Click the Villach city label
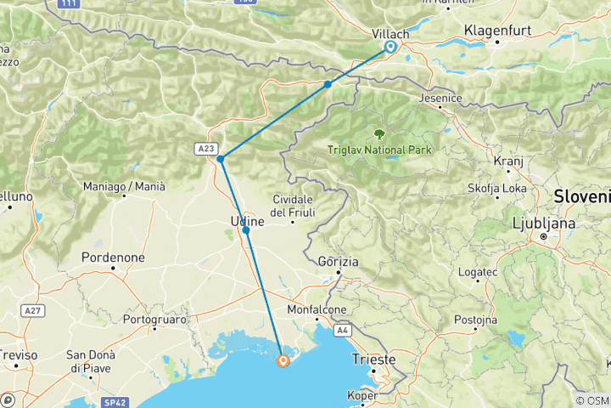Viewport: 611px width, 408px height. (391, 33)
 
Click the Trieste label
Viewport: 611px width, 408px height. (374, 360)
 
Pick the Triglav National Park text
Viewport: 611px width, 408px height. (379, 150)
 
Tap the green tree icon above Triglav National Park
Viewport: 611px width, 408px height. (378, 134)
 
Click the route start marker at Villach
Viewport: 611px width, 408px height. (390, 47)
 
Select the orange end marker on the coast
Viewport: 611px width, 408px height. (283, 360)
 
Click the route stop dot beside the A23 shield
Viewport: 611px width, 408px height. (220, 159)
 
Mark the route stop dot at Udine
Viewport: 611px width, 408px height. (246, 230)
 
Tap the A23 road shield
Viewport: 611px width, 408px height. (205, 148)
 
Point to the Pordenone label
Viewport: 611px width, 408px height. (113, 257)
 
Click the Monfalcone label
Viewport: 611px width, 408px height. (316, 310)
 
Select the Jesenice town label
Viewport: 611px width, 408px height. (440, 98)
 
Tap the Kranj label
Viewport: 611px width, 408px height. (507, 160)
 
